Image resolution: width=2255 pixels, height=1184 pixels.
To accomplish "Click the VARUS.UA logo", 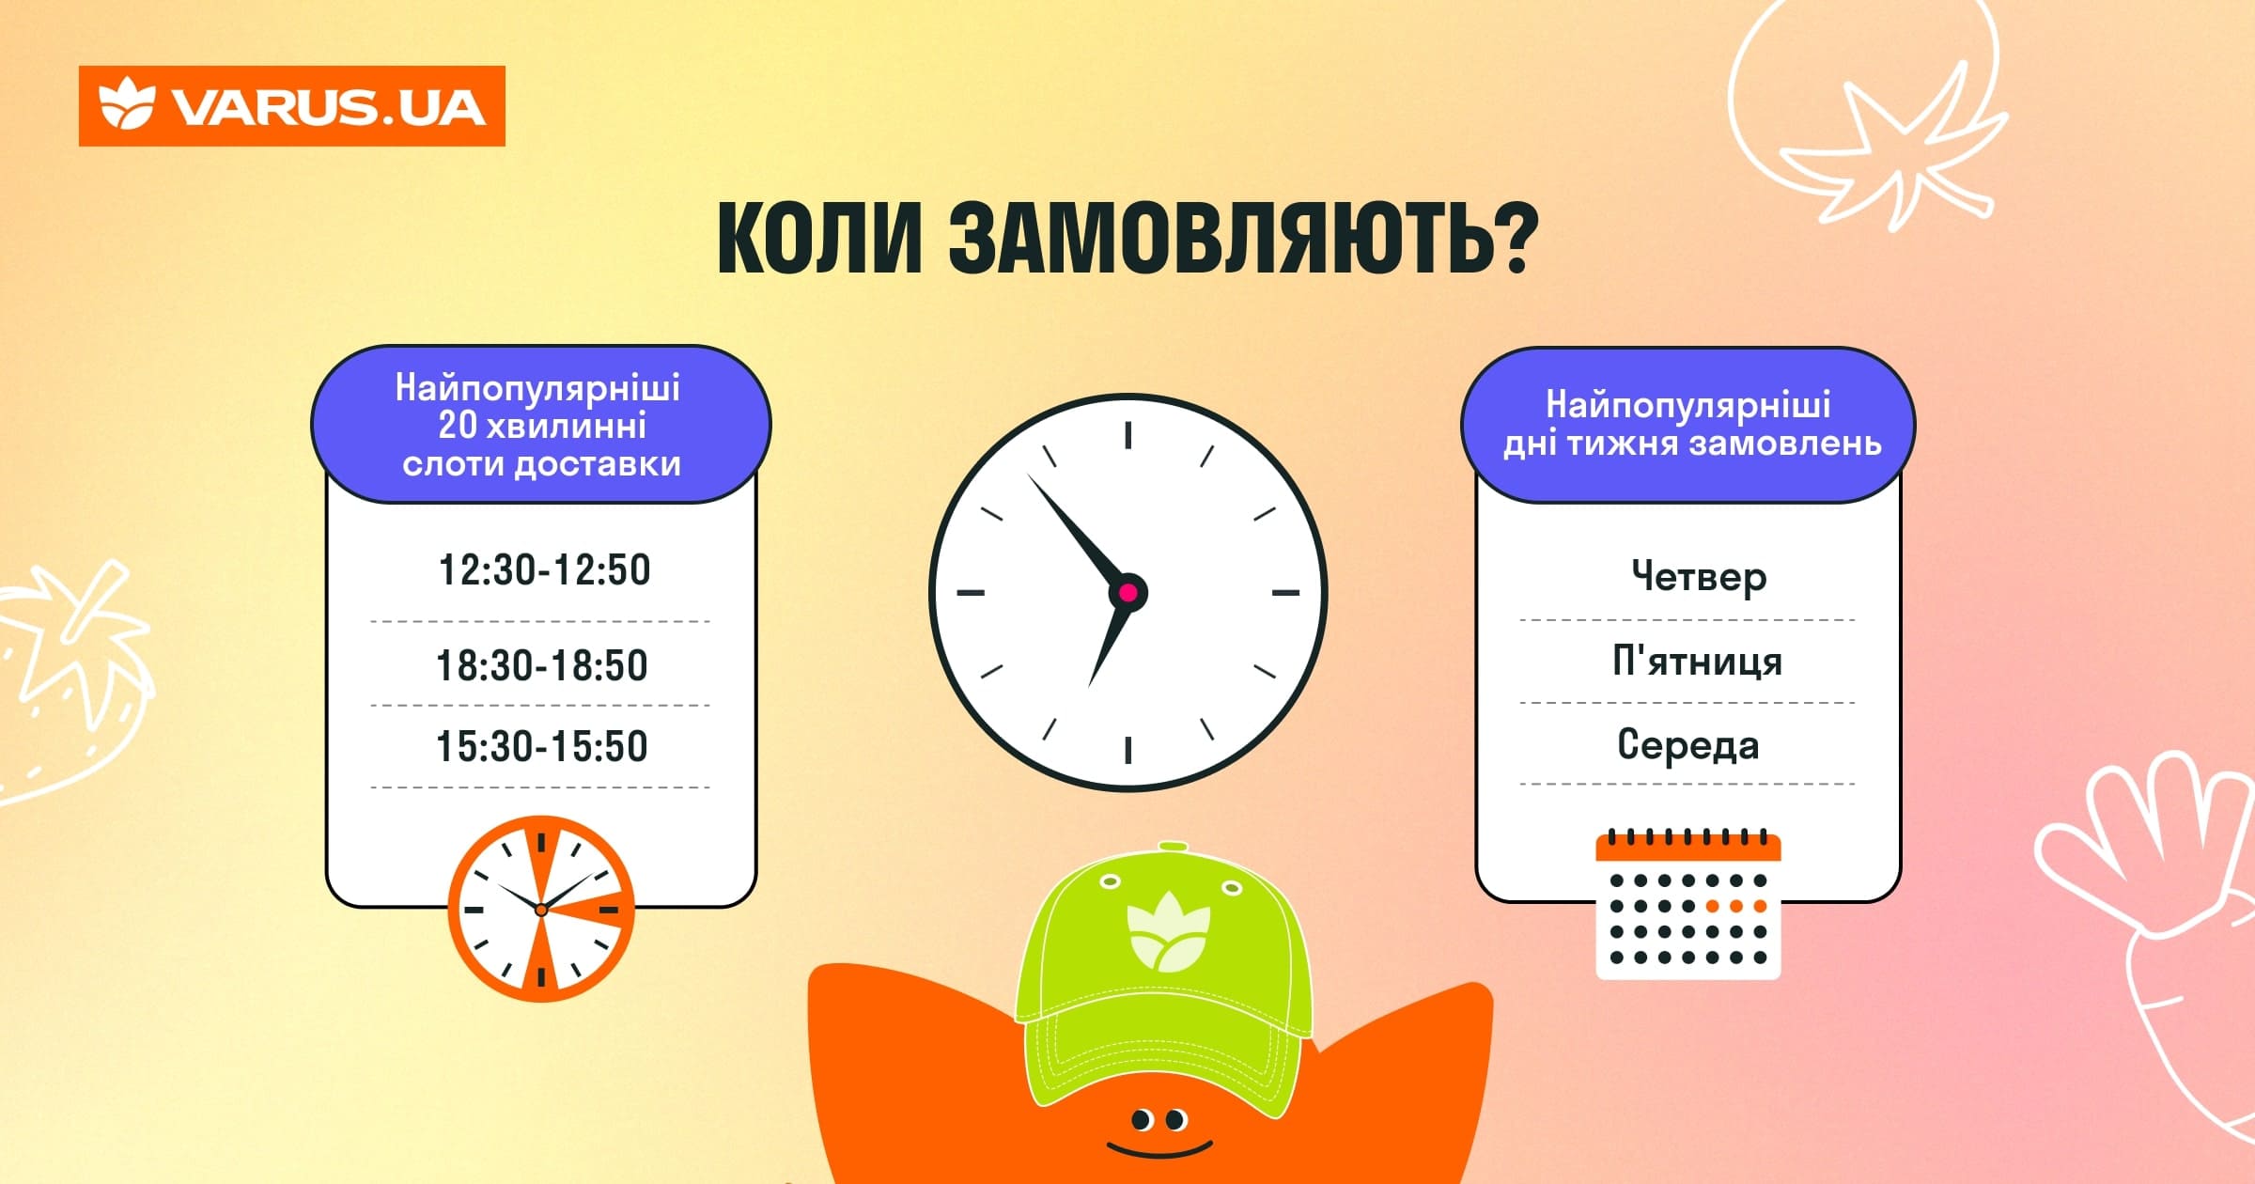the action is pyautogui.click(x=291, y=106).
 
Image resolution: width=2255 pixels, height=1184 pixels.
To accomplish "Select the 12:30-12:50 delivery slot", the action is pyautogui.click(x=544, y=570).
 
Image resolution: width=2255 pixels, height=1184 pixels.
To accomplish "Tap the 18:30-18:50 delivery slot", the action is pyautogui.click(x=542, y=665).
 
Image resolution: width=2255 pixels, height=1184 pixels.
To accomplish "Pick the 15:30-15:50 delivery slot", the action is pyautogui.click(x=542, y=746).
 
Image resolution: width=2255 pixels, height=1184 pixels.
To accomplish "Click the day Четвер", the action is pyautogui.click(x=1699, y=577).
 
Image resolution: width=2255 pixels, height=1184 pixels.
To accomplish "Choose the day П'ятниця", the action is pyautogui.click(x=1697, y=661).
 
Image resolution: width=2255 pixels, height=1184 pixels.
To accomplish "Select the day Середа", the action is pyautogui.click(x=1688, y=744).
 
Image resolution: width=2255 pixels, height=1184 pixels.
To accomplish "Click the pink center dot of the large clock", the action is pyautogui.click(x=1128, y=593).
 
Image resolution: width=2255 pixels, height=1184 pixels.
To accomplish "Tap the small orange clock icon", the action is pyautogui.click(x=541, y=909).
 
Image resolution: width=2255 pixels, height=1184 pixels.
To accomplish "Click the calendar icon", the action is pyautogui.click(x=1688, y=904).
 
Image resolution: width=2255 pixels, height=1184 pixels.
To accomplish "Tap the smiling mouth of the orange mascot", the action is pyautogui.click(x=1159, y=1149).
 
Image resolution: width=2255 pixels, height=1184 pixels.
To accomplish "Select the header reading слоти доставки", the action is pyautogui.click(x=541, y=464).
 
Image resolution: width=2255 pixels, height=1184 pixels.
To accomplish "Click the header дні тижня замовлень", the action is pyautogui.click(x=1692, y=444).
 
